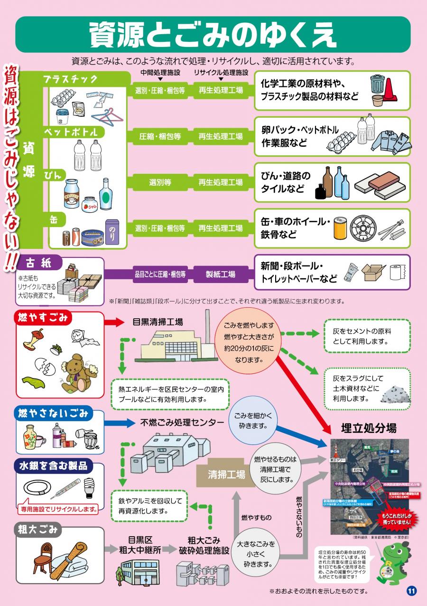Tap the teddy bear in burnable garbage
[78, 371]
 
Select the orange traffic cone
[390, 89]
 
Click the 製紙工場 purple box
[220, 274]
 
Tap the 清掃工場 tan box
[226, 474]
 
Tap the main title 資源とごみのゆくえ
[213, 35]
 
